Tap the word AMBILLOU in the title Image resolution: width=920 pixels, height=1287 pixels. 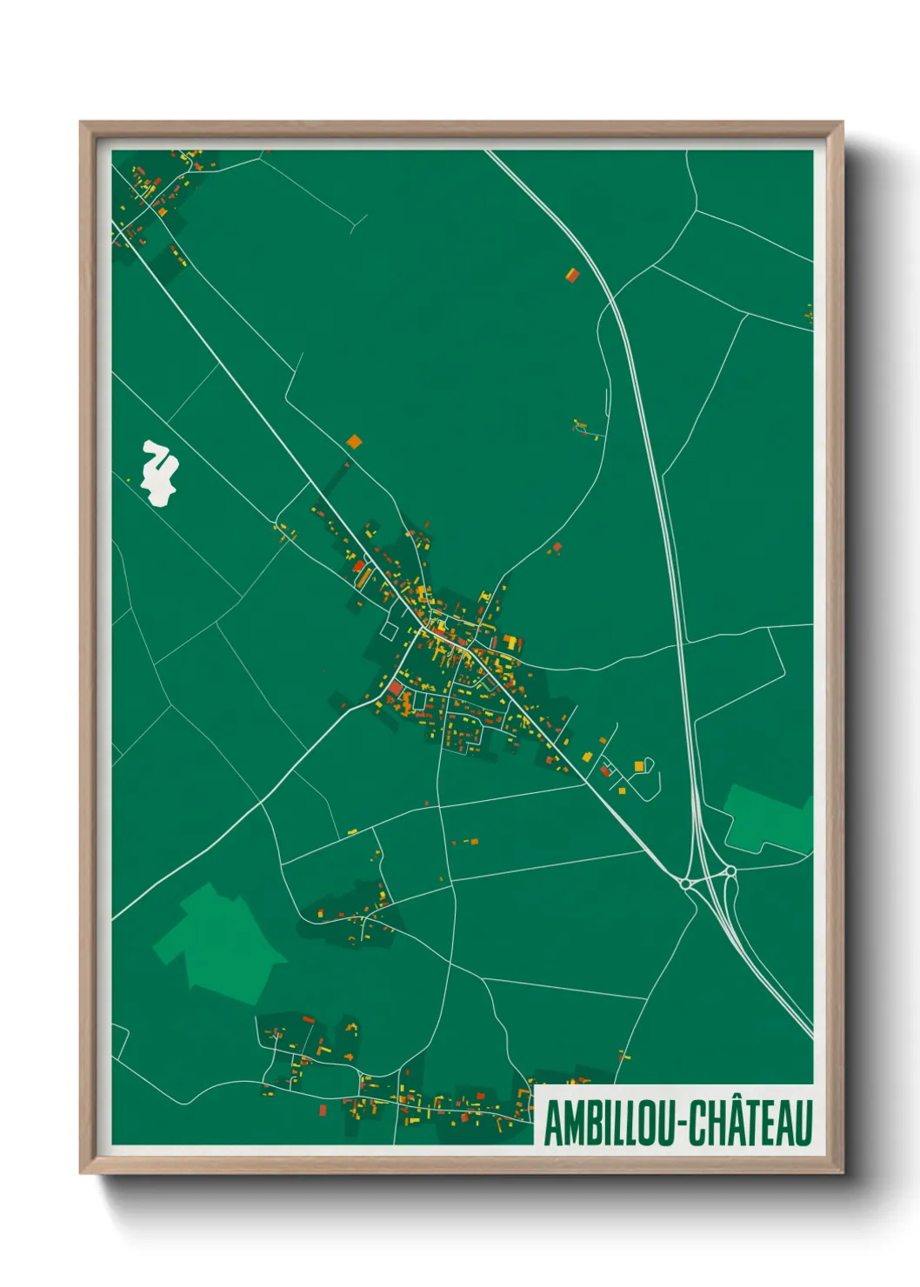(608, 1123)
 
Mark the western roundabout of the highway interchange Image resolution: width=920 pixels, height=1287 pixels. (686, 884)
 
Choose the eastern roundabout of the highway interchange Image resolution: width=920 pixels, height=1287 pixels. (730, 871)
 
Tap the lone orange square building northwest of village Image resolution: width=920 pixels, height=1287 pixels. (353, 442)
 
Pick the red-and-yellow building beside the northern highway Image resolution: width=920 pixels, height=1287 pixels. (572, 275)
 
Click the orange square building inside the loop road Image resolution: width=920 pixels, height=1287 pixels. (639, 766)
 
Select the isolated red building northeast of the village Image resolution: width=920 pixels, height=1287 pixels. (557, 547)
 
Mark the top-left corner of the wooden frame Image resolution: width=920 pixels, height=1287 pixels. (81, 123)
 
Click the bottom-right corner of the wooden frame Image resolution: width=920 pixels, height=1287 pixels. (842, 1173)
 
